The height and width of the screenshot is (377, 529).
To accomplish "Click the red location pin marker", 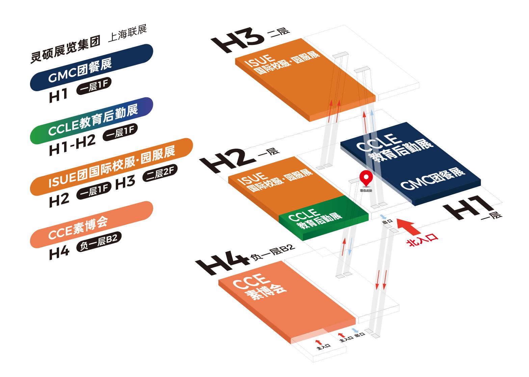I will pos(366,178).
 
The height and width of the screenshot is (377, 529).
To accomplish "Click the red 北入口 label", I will pos(422,240).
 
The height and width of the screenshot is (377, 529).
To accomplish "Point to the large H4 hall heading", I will pos(223,262).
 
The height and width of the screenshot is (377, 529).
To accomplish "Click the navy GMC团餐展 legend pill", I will pos(91,67).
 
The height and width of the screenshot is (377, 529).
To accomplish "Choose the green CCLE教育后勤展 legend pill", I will pos(91,121).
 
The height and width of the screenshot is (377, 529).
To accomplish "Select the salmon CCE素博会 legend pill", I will pos(91,225).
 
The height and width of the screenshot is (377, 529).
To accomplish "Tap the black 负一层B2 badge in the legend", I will pos(99,242).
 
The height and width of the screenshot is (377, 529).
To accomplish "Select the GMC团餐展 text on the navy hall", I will pos(432,179).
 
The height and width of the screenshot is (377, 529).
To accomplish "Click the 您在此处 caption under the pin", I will pos(366,191).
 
